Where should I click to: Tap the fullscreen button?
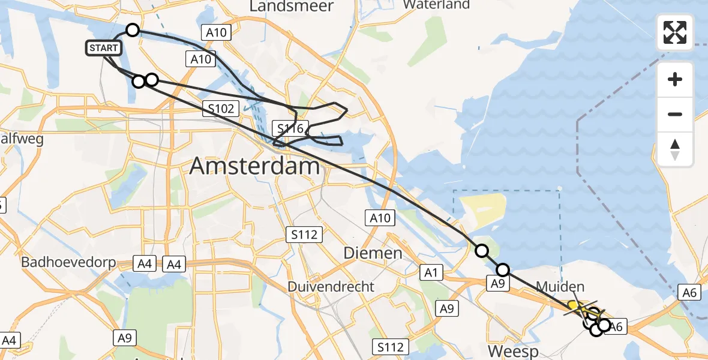[x=675, y=32]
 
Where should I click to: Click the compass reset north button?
[x=675, y=149]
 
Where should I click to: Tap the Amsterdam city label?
[x=254, y=166]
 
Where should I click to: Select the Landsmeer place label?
[x=283, y=6]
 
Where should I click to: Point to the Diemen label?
[x=373, y=253]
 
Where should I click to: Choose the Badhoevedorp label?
[x=66, y=263]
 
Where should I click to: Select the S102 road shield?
[x=221, y=109]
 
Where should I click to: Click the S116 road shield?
[x=290, y=127]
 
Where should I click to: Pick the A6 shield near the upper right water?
[x=689, y=292]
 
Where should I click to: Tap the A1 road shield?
[x=430, y=273]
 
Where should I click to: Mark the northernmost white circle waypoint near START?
[x=132, y=30]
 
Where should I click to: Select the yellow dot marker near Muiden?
[x=573, y=305]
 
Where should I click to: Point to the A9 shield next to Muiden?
[x=497, y=284]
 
